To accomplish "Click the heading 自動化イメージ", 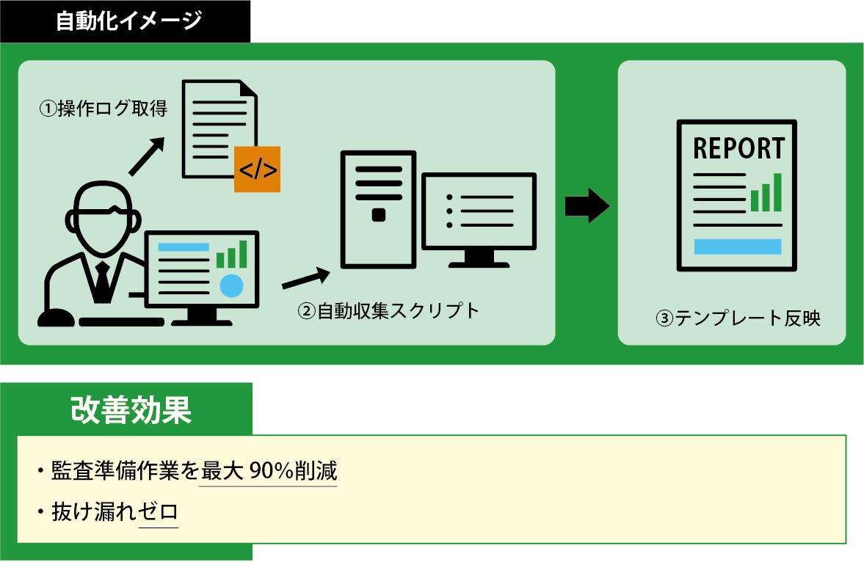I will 128,21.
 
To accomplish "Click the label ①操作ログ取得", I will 103,110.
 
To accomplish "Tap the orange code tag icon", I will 257,169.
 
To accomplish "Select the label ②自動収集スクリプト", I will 388,311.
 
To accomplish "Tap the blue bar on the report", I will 737,247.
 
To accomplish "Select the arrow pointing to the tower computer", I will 305,278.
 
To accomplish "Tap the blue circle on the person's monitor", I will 232,285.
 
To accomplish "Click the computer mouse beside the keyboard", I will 56,318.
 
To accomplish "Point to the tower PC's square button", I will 379,214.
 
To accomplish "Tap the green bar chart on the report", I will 766,193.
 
